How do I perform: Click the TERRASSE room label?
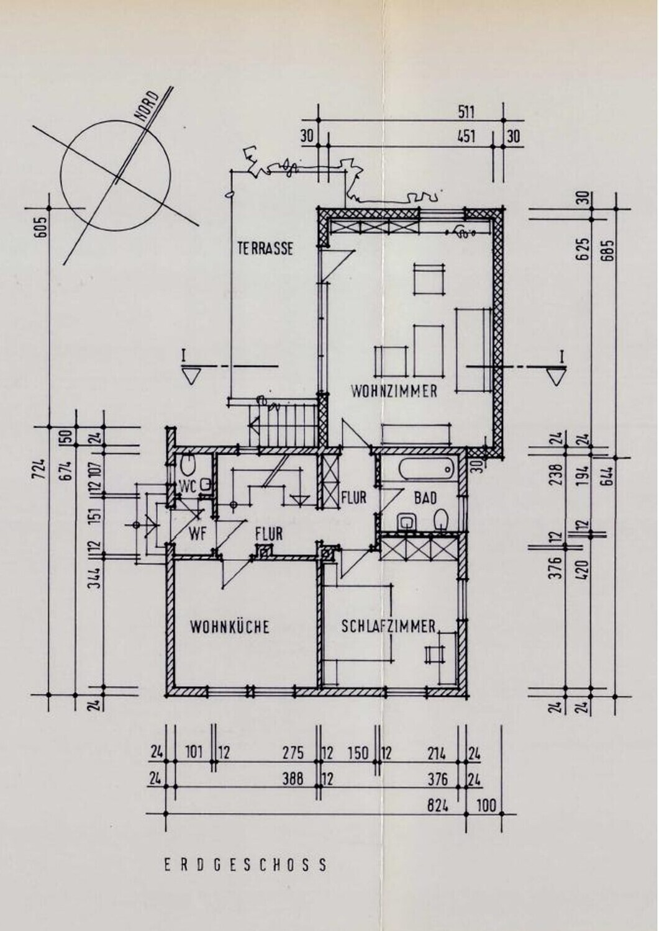[265, 248]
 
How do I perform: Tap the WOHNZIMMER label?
[394, 391]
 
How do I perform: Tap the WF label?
[198, 534]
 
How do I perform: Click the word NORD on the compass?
[147, 106]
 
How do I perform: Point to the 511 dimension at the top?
[466, 112]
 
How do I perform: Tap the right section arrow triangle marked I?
[557, 377]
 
